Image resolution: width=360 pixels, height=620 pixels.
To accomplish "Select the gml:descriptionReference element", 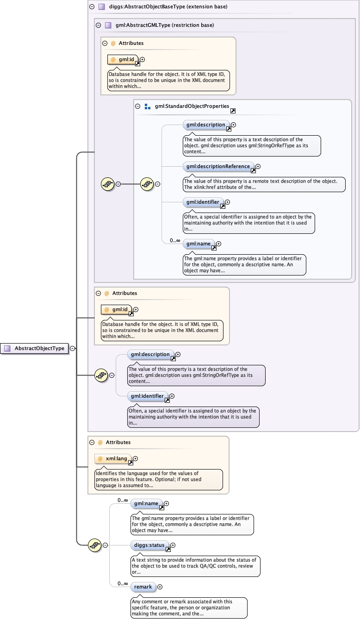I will pos(218,166).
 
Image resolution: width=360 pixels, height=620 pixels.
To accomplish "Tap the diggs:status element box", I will pos(148,545).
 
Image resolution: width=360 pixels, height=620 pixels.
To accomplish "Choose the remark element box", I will pos(143,587).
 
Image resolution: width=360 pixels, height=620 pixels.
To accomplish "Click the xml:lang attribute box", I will pos(113,459).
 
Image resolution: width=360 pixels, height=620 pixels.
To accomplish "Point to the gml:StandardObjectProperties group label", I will pos(192,106).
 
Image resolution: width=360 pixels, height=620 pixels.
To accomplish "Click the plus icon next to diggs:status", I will pos(173,545).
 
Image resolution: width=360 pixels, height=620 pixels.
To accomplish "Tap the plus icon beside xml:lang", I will pos(136,459).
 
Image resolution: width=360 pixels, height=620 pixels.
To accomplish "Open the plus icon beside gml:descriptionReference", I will pos(258,166).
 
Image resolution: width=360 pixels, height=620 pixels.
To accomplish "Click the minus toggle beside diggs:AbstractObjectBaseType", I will pos(92,7).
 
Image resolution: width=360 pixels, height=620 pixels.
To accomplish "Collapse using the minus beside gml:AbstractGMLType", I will pos(98,25).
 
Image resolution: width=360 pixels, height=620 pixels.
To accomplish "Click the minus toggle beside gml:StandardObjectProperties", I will pos(137,106).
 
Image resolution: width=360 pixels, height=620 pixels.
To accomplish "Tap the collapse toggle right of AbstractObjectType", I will pos(73,348).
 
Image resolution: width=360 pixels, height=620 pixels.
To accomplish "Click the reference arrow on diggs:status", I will pos(168,550).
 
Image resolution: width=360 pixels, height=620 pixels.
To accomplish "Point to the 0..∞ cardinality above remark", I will pos(123,583).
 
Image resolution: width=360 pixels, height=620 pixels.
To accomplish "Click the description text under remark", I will pos(188,607).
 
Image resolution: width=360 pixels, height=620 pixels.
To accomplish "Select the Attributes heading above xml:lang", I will pos(118,442).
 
